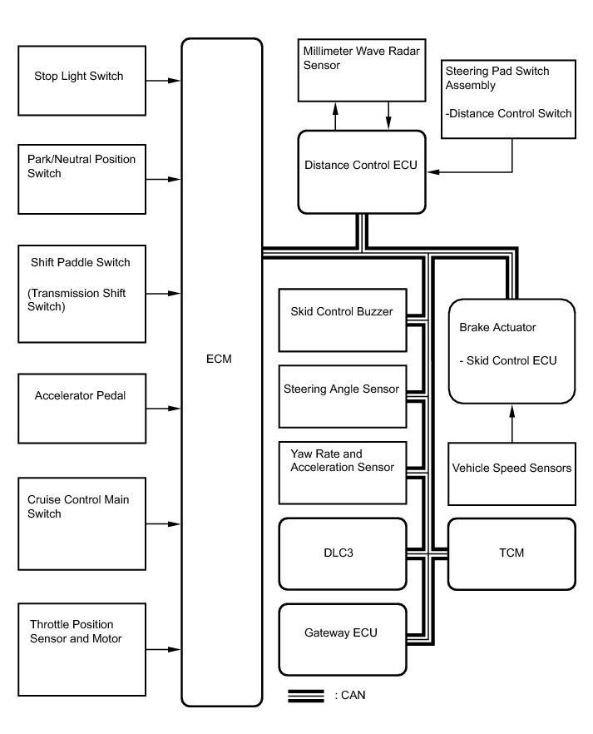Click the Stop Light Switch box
click(82, 81)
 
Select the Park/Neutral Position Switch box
click(82, 179)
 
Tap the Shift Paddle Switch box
click(82, 292)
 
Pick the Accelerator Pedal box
click(82, 408)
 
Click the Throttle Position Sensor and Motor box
click(82, 639)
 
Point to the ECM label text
click(220, 359)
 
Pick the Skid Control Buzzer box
click(343, 320)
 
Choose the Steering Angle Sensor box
click(343, 389)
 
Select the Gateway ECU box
click(343, 638)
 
